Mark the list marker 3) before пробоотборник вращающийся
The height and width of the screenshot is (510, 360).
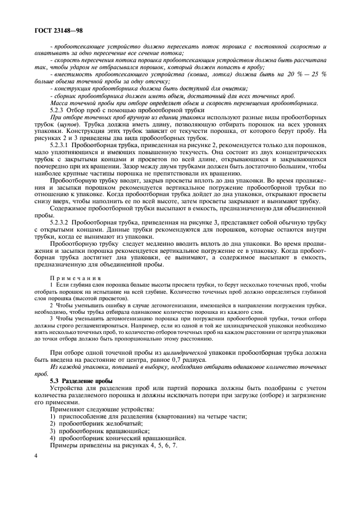(x=53, y=430)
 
